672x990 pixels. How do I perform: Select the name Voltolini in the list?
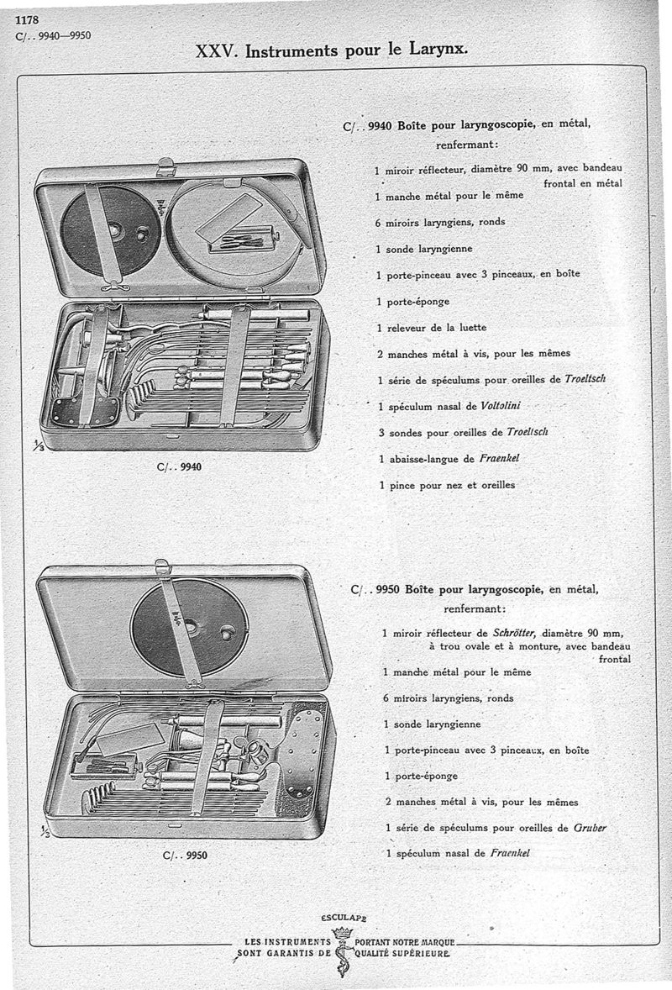click(x=501, y=406)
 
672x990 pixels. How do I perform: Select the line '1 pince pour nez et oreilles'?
click(x=447, y=485)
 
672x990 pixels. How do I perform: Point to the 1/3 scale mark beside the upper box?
click(x=38, y=447)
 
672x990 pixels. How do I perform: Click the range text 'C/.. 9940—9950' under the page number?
click(x=55, y=36)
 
